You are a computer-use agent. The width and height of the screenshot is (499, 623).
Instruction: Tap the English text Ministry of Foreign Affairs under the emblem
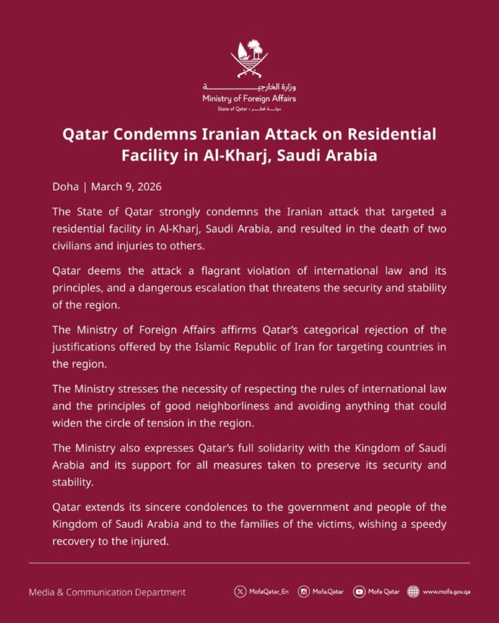point(249,98)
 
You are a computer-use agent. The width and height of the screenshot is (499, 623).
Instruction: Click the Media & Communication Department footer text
point(107,592)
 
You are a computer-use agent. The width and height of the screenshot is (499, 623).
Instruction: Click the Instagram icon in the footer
point(304,592)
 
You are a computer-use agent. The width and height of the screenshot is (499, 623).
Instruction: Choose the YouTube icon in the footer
point(358,592)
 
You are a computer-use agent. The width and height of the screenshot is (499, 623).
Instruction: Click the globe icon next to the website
point(412,592)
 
